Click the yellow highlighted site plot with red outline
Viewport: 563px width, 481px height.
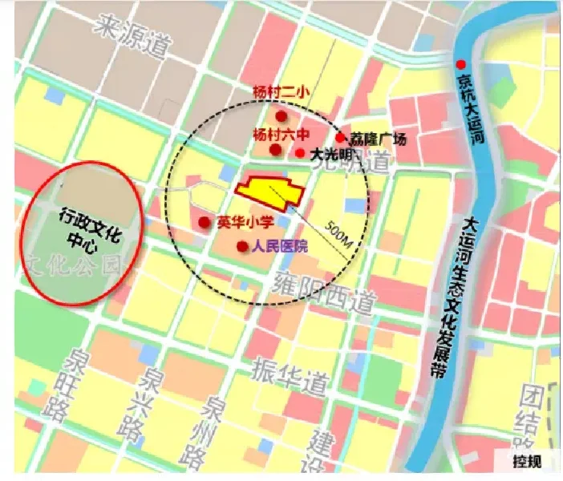click(x=268, y=191)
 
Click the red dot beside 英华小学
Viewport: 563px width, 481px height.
click(x=205, y=222)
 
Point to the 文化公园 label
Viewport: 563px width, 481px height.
click(x=77, y=265)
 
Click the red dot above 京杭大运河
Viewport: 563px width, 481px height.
click(x=460, y=64)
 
